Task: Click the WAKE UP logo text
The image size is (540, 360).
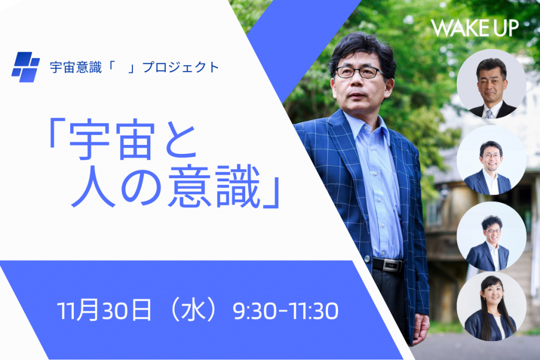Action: pyautogui.click(x=475, y=28)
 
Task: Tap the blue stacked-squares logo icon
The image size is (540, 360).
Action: pyautogui.click(x=25, y=67)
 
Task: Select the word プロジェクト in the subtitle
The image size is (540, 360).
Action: pyautogui.click(x=181, y=67)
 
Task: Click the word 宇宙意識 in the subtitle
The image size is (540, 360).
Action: pyautogui.click(x=76, y=67)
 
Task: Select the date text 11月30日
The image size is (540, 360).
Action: pyautogui.click(x=104, y=310)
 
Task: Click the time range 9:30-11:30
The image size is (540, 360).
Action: pyautogui.click(x=285, y=311)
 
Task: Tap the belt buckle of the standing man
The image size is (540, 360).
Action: pyautogui.click(x=392, y=265)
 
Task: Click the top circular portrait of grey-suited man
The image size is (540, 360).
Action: pyautogui.click(x=491, y=84)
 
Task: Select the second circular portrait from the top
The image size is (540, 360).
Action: pyautogui.click(x=491, y=160)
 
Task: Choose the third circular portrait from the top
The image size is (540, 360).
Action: pyautogui.click(x=491, y=236)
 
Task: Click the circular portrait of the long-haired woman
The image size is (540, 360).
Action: pyautogui.click(x=491, y=306)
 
